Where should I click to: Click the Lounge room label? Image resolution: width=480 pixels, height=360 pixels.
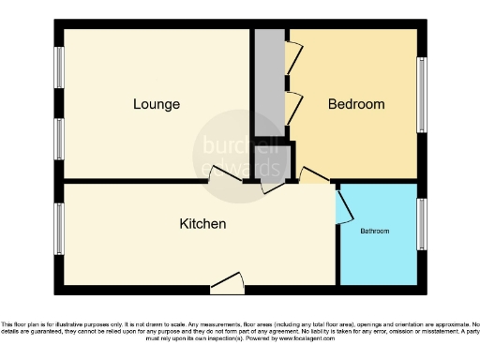157,104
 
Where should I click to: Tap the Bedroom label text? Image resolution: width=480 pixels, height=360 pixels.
355,104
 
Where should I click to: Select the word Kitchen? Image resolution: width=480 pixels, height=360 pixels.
202,224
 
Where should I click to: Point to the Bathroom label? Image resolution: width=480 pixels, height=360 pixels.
375,231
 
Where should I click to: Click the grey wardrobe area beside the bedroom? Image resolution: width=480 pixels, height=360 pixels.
270,84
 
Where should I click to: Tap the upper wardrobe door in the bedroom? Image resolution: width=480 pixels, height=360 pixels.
294,59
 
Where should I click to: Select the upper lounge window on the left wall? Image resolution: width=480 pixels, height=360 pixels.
60,67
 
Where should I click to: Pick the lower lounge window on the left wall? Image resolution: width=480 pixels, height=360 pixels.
60,142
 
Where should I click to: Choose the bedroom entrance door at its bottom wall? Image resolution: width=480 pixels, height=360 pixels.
312,175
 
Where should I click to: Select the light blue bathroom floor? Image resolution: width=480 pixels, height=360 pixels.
378,253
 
